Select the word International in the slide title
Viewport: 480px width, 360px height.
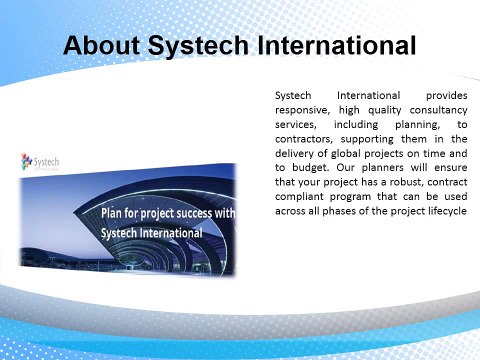click(x=336, y=46)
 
